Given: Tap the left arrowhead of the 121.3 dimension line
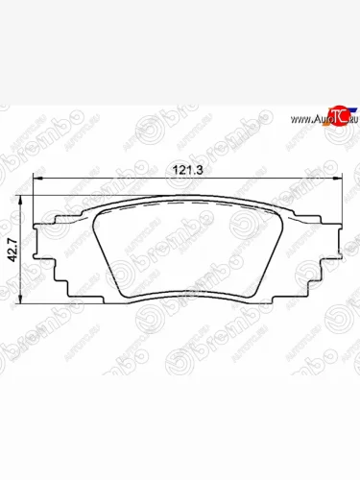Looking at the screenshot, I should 37,179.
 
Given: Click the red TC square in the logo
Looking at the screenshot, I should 333,115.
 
